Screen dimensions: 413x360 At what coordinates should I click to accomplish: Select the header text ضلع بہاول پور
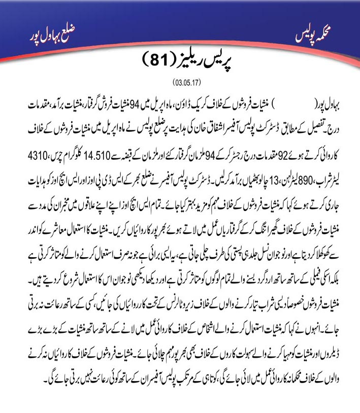tap(47, 37)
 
